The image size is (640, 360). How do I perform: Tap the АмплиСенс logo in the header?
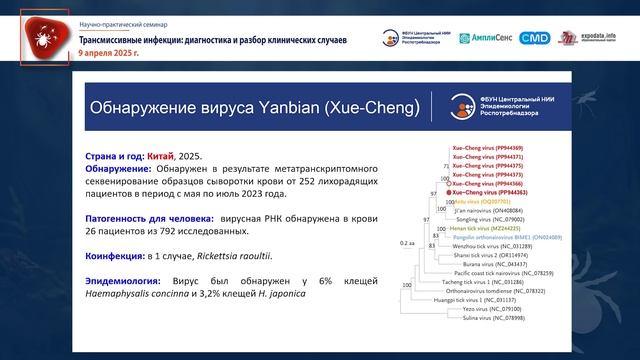click(x=486, y=38)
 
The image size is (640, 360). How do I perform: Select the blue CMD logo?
click(x=535, y=38)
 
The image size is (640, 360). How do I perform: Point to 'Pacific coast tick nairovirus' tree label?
click(x=507, y=272)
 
